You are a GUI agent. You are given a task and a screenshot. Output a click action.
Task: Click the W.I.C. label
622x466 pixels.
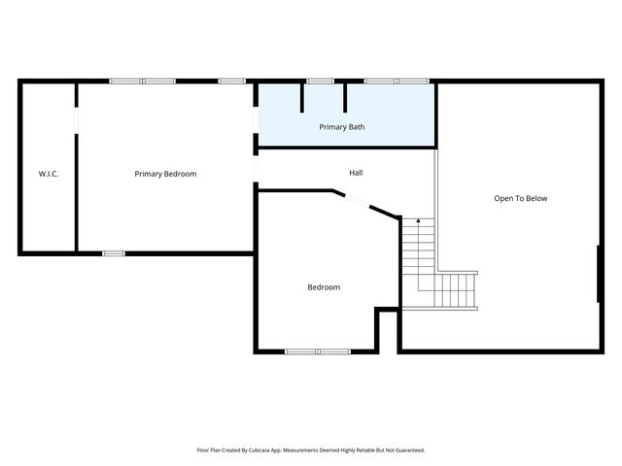click(x=49, y=174)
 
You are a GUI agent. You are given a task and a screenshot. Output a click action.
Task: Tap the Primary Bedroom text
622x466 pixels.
click(x=165, y=174)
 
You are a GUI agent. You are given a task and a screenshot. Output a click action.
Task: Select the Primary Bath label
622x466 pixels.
click(x=342, y=127)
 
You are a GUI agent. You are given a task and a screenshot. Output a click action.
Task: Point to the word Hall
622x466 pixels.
click(x=356, y=173)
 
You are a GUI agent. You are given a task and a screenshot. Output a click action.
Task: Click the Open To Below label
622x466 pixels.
click(x=520, y=198)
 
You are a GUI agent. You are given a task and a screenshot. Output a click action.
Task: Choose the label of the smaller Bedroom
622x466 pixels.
click(x=324, y=286)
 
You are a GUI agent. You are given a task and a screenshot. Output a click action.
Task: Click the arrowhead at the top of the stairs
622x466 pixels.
click(x=418, y=222)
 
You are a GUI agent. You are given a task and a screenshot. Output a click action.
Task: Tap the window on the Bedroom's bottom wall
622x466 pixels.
click(x=318, y=350)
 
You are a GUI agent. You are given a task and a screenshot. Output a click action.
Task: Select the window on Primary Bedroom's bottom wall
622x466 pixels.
click(x=114, y=253)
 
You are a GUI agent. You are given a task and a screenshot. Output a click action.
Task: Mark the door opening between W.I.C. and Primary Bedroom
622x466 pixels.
click(x=76, y=118)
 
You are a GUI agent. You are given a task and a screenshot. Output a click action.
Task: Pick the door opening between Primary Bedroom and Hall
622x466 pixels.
click(x=257, y=170)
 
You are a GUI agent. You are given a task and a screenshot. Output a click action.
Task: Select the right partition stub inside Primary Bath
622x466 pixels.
click(x=345, y=97)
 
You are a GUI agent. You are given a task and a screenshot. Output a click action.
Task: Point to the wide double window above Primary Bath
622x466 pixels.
click(x=396, y=81)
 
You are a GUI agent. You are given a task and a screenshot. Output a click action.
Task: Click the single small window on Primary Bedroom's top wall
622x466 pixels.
click(x=231, y=81)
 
